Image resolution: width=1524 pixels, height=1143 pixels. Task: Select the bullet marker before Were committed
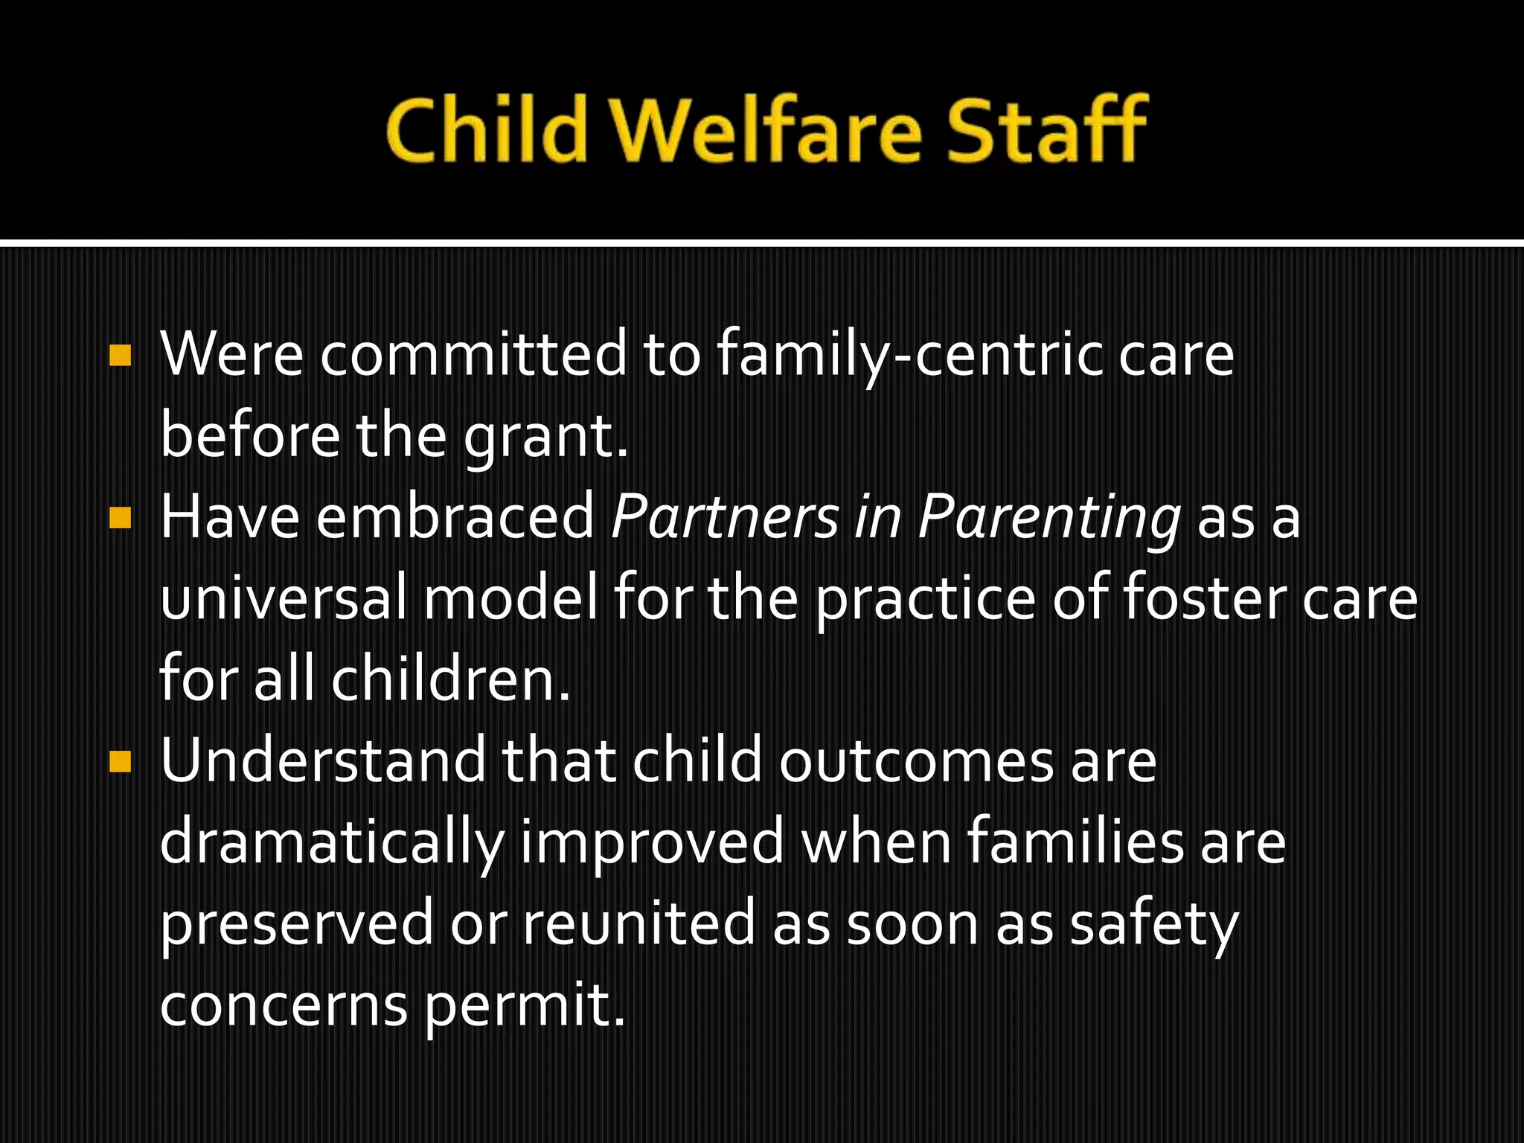point(119,356)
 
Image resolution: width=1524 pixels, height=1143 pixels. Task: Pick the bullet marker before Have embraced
point(119,518)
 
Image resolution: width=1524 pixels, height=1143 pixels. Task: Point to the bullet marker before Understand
point(119,761)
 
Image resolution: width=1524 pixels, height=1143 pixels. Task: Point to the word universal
point(283,599)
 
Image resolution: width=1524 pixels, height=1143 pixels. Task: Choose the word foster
point(1203,599)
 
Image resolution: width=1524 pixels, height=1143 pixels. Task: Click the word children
point(449,680)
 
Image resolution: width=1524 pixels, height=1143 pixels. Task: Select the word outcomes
point(915,761)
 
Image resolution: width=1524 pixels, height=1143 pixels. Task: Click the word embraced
point(455,518)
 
